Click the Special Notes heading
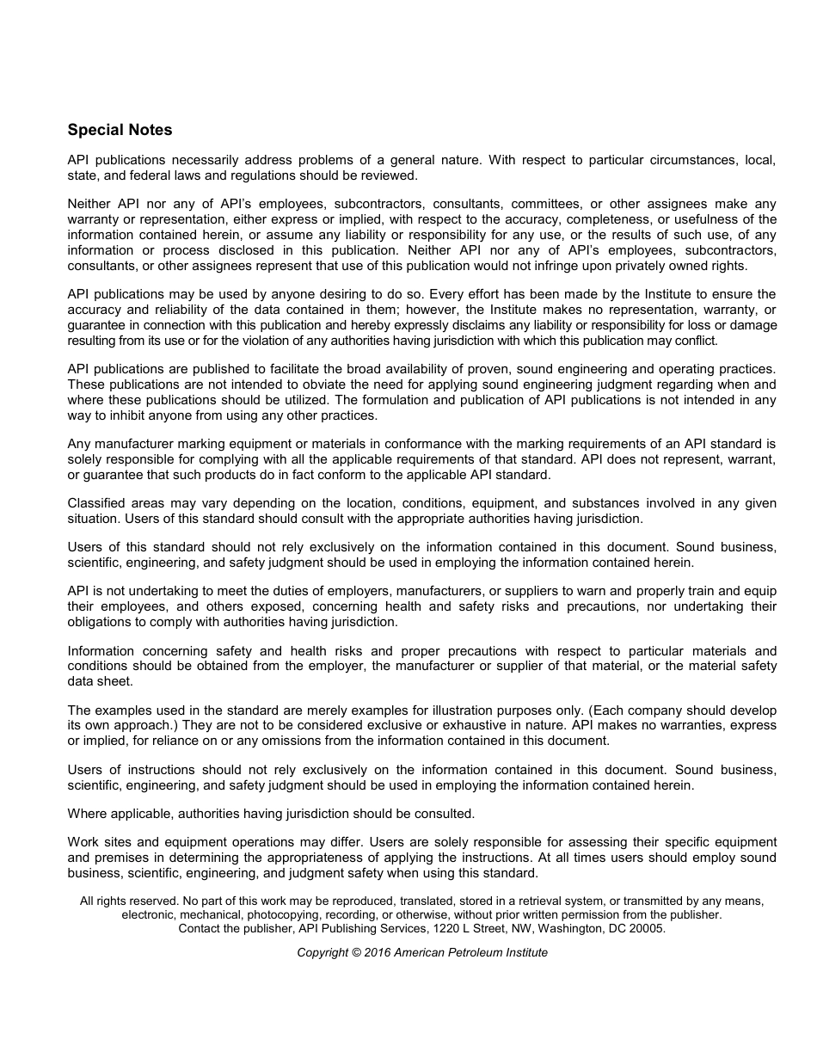[120, 130]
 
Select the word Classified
[96, 503]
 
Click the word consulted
[444, 814]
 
